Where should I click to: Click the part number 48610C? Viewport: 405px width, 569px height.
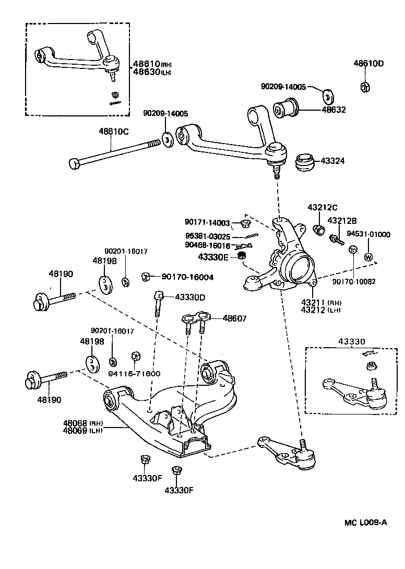[x=111, y=132]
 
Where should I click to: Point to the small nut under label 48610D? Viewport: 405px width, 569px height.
[x=366, y=87]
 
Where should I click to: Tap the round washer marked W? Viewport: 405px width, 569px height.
[x=368, y=257]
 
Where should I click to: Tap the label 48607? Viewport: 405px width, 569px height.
[x=235, y=318]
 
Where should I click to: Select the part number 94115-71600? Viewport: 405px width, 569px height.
[x=135, y=373]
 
